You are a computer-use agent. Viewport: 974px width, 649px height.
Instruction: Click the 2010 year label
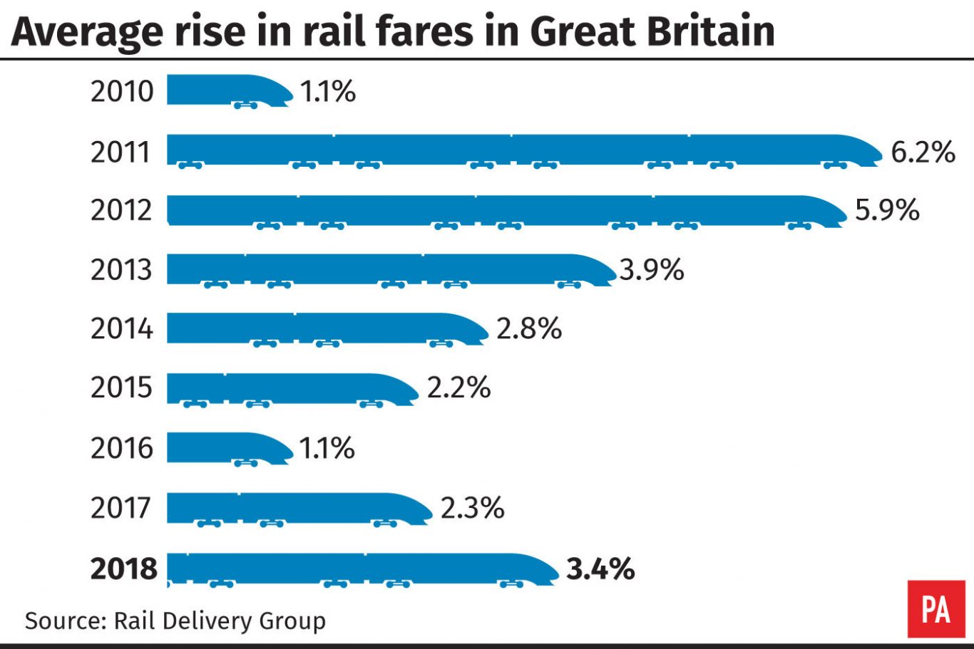point(122,91)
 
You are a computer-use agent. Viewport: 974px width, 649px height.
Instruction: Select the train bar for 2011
point(523,150)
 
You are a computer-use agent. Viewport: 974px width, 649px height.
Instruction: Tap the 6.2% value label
point(923,152)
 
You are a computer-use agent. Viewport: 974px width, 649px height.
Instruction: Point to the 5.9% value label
point(887,210)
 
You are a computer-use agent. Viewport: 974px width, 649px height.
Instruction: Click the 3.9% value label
point(652,270)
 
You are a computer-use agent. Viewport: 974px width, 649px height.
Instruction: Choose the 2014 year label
point(122,328)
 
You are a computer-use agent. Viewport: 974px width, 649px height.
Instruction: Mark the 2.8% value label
point(529,328)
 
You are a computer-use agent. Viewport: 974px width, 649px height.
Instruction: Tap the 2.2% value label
point(458,388)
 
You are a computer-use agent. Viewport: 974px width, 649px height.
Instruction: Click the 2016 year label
point(122,448)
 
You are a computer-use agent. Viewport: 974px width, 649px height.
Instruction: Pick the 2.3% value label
point(472,508)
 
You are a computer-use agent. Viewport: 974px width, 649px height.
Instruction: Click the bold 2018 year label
point(123,568)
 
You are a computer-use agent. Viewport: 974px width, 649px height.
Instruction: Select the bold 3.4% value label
point(600,568)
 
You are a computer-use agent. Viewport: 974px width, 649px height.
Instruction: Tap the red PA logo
point(935,609)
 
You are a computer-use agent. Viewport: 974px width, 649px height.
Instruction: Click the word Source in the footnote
point(62,621)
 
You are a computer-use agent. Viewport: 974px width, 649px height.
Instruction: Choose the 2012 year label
point(122,210)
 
